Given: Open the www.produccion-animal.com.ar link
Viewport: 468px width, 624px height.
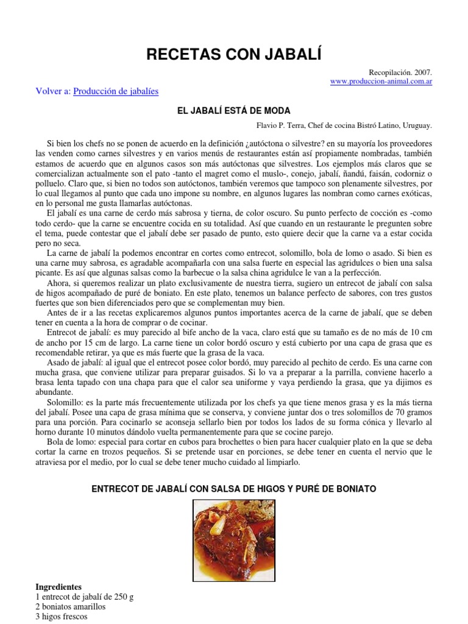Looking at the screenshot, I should pos(381,81).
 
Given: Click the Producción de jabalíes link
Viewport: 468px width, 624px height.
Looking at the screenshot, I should pos(116,91).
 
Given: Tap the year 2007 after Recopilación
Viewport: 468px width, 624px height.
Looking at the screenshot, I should pos(422,72).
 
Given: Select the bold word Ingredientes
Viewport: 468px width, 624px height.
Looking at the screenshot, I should pos(58,587).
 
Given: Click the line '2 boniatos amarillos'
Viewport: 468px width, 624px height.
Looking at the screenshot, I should pos(71,607).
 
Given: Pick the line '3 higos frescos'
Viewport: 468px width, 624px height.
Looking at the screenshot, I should pos(62,617).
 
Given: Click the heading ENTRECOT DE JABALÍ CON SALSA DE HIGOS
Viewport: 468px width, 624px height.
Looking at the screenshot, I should pos(234,489).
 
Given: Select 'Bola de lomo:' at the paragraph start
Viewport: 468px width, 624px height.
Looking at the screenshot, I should pos(70,442).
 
